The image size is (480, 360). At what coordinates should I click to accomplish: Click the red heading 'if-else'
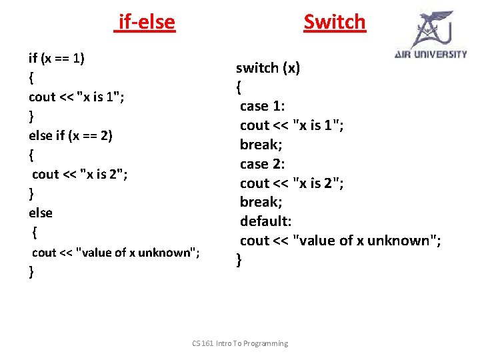146,23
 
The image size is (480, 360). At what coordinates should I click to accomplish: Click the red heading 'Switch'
335,22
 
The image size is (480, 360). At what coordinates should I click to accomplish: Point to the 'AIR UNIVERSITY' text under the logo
431,55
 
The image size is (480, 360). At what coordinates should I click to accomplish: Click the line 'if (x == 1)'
56,58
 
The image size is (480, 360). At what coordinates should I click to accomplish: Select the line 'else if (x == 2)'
71,135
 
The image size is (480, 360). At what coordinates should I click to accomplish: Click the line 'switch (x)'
268,68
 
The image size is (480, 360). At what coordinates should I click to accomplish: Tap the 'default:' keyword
265,221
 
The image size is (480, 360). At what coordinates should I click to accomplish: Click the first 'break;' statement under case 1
261,144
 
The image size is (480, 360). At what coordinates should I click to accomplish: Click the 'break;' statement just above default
261,201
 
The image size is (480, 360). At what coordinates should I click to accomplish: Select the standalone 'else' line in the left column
41,213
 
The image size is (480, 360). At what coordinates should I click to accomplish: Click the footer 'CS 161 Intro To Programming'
240,343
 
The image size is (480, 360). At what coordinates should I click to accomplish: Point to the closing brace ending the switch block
239,260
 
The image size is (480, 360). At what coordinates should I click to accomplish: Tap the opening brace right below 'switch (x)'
239,87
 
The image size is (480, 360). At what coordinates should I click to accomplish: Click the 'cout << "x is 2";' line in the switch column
292,183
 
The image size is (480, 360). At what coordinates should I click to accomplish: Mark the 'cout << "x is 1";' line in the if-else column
77,97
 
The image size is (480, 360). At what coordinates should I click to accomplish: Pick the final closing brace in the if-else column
31,271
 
